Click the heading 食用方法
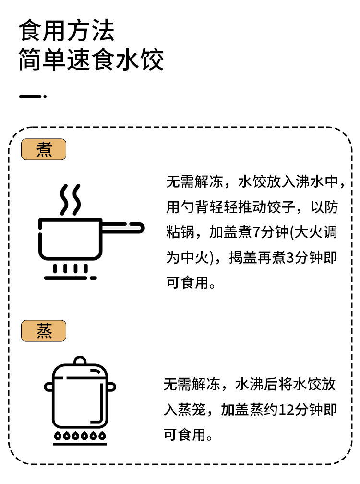67,31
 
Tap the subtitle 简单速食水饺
91,61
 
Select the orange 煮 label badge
44,150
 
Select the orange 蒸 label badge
44,331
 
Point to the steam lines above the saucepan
70,199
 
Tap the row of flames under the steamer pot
80,436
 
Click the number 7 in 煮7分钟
256,233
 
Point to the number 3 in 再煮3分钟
289,258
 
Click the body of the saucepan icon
70,239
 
